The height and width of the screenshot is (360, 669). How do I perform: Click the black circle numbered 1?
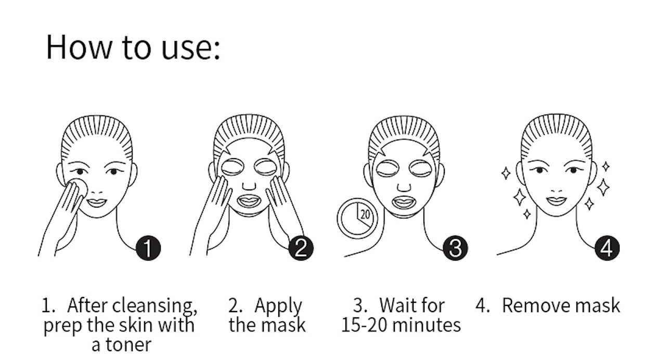148,249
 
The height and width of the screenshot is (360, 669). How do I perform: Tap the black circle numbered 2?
301,249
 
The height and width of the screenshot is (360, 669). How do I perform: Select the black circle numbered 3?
455,249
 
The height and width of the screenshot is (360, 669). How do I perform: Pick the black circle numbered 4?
607,249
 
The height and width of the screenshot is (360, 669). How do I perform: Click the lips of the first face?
97,201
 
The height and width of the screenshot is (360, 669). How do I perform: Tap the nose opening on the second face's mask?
249,185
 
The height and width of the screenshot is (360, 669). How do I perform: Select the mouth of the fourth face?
556,200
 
